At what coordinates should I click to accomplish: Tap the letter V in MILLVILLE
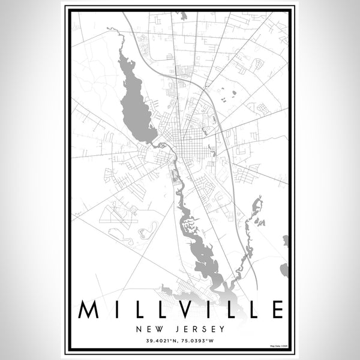click(182, 310)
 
